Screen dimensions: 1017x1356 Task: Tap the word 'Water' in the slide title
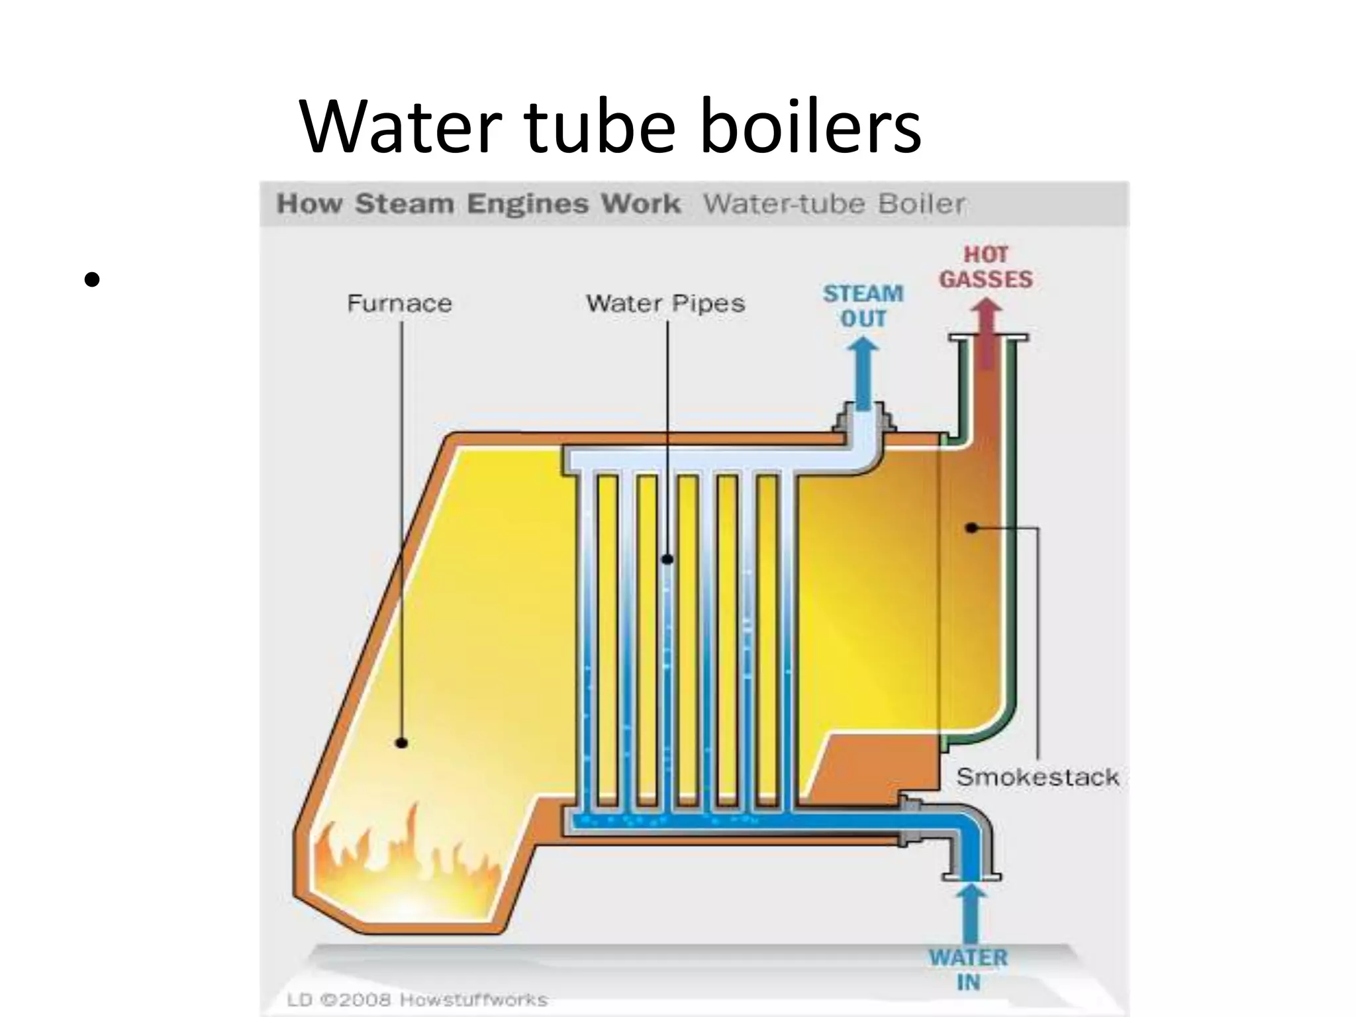click(397, 126)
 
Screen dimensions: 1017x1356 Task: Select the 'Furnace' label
click(399, 304)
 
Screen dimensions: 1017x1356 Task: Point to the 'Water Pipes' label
click(665, 304)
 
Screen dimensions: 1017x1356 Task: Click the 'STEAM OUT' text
click(863, 306)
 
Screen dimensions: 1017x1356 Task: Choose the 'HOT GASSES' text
click(986, 267)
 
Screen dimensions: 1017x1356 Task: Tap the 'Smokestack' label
click(1038, 777)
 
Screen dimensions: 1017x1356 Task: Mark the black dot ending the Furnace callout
click(401, 743)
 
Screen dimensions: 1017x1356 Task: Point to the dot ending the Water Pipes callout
click(667, 559)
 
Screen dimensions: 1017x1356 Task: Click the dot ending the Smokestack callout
click(971, 528)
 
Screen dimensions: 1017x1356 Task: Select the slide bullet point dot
click(92, 279)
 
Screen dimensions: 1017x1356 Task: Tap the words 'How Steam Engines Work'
click(478, 203)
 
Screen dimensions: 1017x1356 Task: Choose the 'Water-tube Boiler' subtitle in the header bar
click(834, 203)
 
